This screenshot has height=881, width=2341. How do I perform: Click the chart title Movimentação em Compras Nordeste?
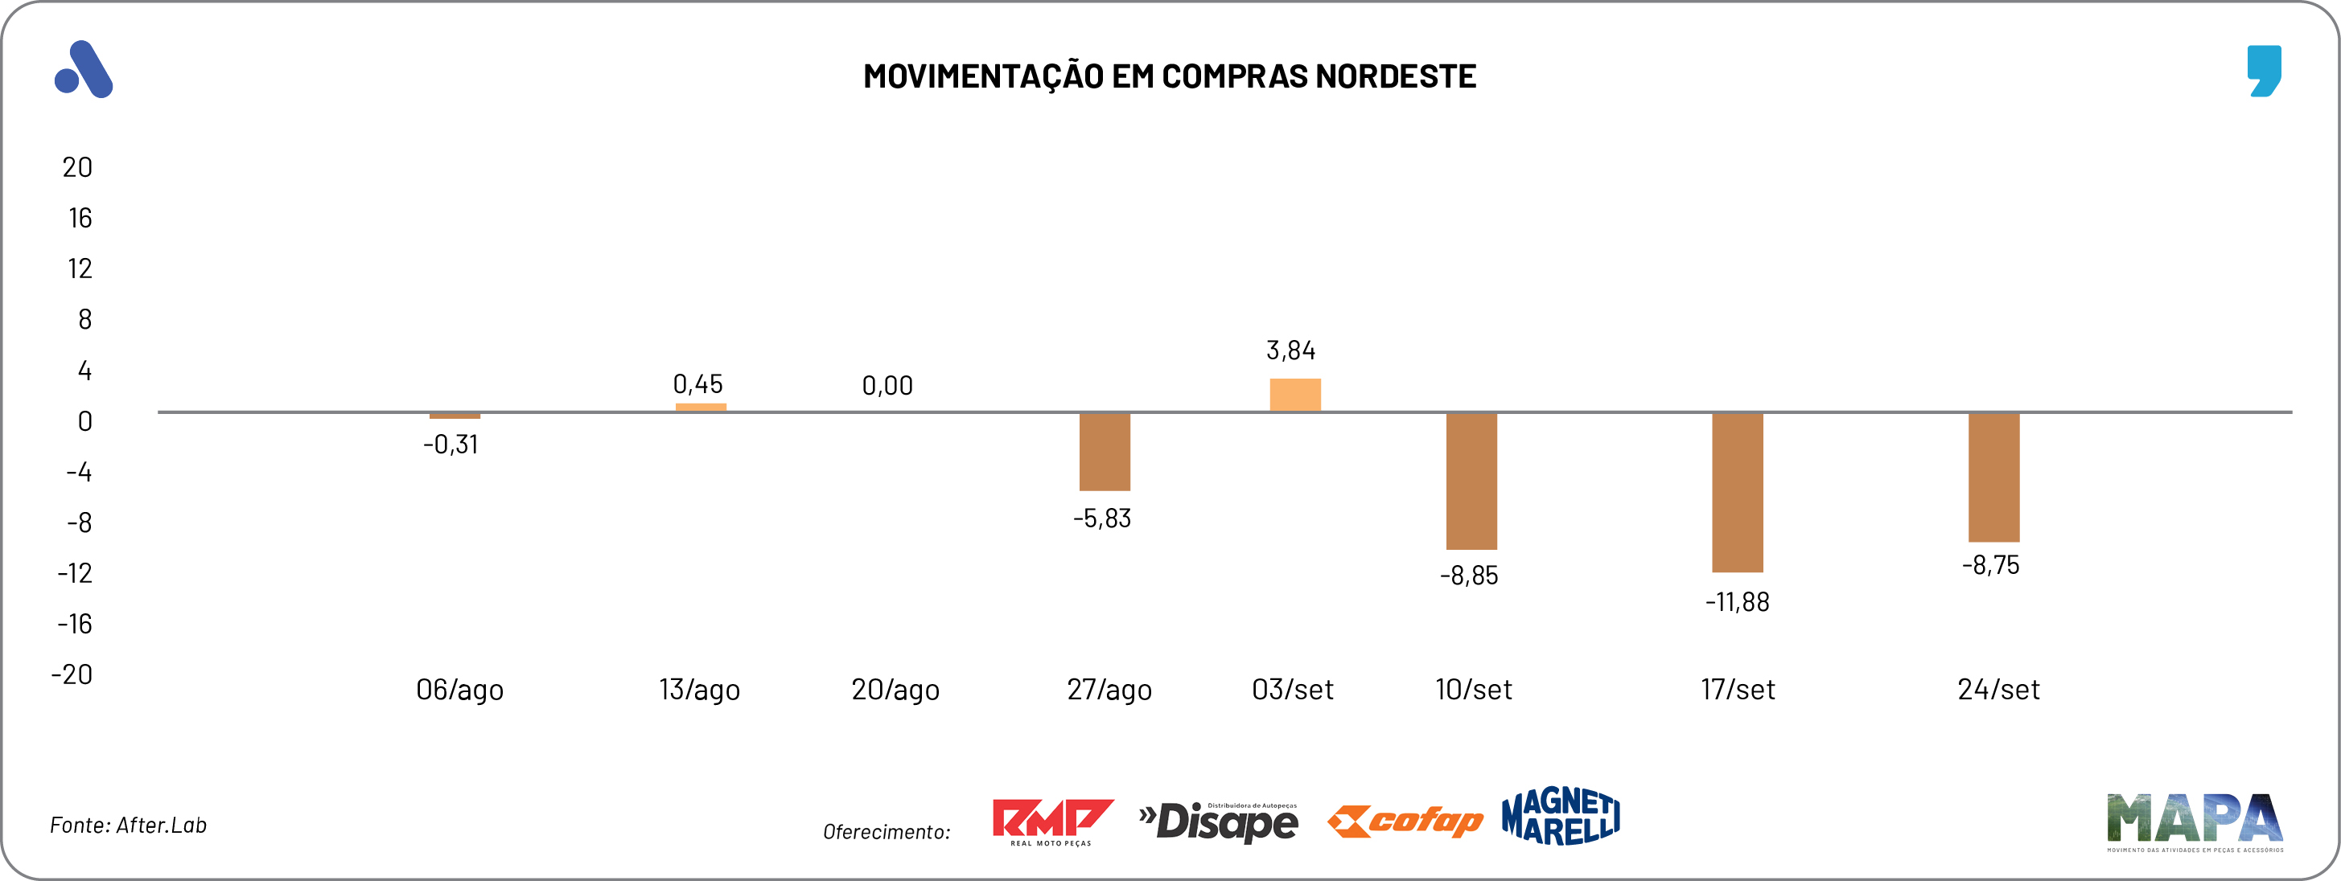click(x=1170, y=76)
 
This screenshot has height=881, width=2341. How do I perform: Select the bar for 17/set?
click(x=1737, y=492)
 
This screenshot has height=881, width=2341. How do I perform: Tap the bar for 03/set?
click(x=1295, y=395)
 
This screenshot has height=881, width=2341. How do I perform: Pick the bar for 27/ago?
click(x=1105, y=452)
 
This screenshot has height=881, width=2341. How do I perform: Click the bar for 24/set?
click(x=1993, y=477)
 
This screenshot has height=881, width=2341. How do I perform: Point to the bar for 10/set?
click(x=1471, y=481)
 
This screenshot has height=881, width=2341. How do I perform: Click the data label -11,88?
click(x=1737, y=602)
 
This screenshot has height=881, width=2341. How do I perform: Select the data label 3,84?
click(x=1290, y=350)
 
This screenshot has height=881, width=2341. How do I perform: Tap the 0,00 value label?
click(x=887, y=386)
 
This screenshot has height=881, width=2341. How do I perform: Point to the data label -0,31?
click(x=451, y=445)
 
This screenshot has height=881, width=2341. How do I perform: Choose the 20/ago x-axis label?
click(x=895, y=690)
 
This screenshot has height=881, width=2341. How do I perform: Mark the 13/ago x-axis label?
click(x=699, y=690)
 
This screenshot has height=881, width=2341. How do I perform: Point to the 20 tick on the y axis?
click(x=77, y=167)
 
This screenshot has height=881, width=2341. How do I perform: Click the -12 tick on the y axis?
click(x=76, y=573)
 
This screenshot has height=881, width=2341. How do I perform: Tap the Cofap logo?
click(x=1405, y=821)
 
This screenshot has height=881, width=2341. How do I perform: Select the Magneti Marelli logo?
click(x=1561, y=817)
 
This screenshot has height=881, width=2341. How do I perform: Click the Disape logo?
click(x=1220, y=822)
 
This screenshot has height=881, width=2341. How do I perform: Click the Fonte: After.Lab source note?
click(x=128, y=825)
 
